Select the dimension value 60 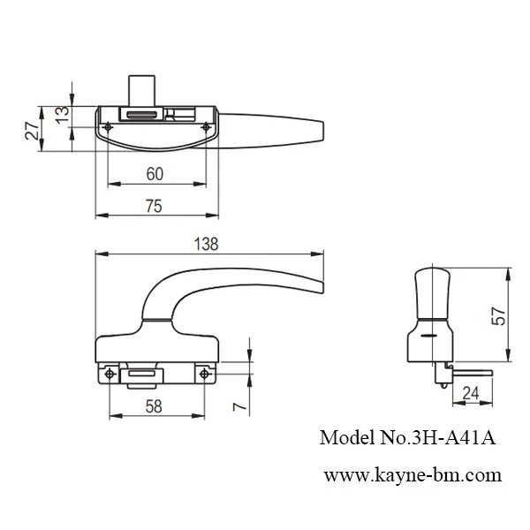click(155, 175)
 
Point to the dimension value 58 click(153, 407)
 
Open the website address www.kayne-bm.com click(413, 475)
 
